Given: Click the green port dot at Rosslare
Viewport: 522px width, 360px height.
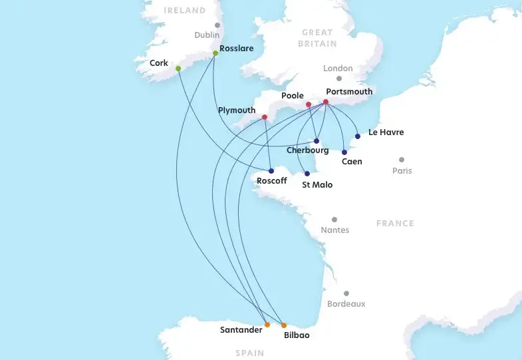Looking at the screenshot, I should click(215, 53).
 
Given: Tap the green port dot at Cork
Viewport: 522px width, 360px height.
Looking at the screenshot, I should click(178, 69).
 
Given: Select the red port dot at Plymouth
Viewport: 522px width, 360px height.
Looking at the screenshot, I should click(265, 118).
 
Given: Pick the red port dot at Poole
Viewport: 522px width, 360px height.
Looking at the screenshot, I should click(309, 104).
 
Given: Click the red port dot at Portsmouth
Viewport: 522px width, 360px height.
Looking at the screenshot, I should click(326, 102).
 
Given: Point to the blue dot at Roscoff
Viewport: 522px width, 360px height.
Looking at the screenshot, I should click(271, 171).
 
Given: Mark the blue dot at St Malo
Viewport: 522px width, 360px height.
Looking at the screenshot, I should click(307, 174).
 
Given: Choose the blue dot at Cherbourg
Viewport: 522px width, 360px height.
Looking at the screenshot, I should click(317, 141).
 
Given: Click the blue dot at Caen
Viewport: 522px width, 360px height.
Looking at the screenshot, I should click(344, 152).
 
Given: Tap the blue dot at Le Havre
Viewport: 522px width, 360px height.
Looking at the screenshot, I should click(358, 136).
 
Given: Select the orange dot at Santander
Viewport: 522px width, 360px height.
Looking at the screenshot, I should click(267, 325).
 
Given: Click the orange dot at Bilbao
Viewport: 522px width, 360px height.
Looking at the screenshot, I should click(284, 325).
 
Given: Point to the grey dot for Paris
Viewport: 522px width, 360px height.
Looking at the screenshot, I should click(402, 160).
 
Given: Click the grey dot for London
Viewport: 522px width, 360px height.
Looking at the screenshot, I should click(339, 79).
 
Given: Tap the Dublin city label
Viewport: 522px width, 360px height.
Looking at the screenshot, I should click(207, 35).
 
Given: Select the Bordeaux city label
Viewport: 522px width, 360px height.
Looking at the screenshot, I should click(346, 304).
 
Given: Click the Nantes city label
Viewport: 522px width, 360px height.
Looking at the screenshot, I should click(334, 230).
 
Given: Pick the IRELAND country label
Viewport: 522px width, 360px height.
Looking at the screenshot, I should click(185, 11).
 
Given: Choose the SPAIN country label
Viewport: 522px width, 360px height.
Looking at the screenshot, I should click(249, 353).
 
